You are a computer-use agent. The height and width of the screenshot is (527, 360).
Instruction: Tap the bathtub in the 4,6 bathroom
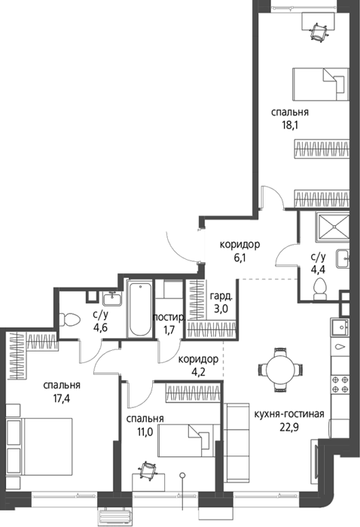point(140,309)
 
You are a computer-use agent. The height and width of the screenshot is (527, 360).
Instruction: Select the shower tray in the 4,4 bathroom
point(333,227)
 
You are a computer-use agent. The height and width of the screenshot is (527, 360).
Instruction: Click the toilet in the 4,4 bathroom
point(320,289)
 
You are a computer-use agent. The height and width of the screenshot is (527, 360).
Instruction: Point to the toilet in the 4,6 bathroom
point(69,320)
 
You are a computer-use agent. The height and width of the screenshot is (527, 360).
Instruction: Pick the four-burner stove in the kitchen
point(340,385)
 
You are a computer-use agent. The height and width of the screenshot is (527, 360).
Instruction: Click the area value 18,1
point(291,126)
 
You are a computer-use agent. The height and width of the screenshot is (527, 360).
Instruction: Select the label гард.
point(221,297)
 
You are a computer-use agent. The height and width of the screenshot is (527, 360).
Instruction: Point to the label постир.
point(169,317)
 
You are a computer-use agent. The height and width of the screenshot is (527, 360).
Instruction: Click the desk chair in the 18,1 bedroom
point(319,32)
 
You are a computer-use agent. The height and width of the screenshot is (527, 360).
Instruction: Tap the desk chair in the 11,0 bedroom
point(147,471)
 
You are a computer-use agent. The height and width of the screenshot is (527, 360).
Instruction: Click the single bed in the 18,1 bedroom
point(321,84)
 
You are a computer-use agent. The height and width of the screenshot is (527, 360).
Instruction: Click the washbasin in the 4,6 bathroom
point(112,299)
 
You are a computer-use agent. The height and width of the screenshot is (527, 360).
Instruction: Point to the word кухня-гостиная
point(289,414)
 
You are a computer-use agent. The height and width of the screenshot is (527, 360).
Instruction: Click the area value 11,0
point(145,432)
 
